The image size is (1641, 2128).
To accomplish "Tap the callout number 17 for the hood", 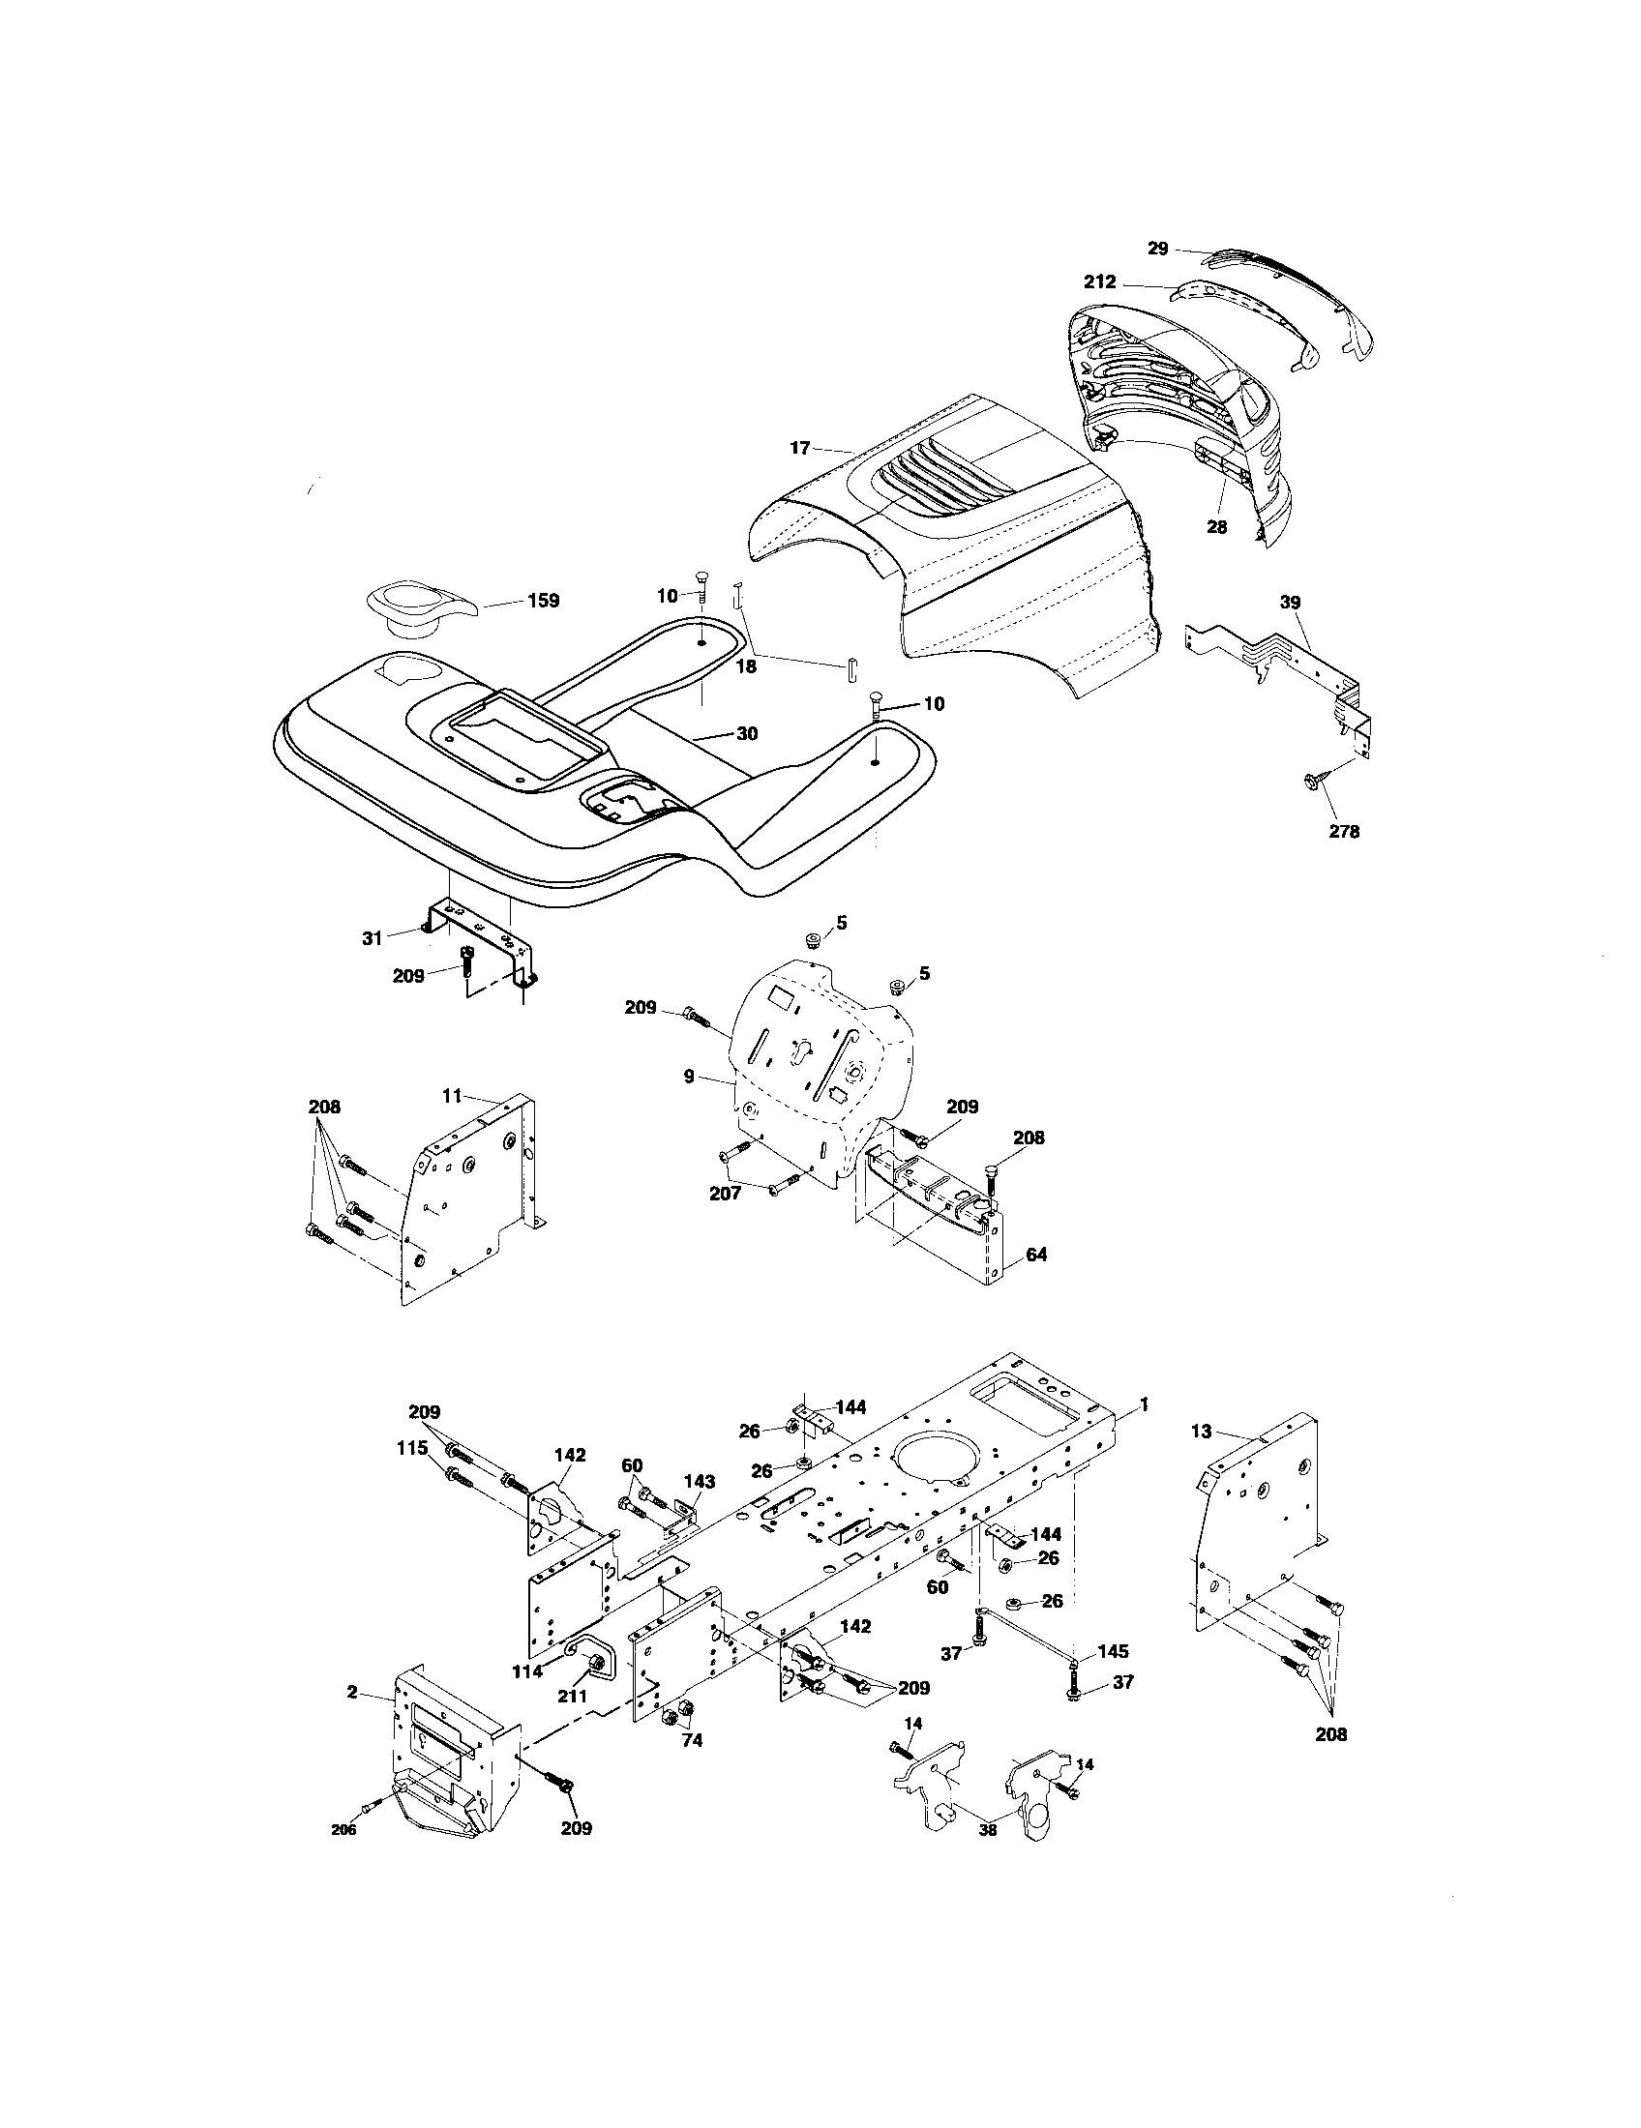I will pos(800,448).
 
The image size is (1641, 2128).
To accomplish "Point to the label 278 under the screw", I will pos(1344,831).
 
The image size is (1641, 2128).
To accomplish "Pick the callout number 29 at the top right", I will pos(1156,249).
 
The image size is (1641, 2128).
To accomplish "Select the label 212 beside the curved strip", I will pos(1100,283).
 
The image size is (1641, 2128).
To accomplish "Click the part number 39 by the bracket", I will pos(1289,604).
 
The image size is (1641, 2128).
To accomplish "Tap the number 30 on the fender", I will pos(746,734).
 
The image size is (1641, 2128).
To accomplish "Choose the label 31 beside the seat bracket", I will pos(373,939).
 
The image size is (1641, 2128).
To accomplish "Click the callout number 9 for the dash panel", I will pos(689,1077).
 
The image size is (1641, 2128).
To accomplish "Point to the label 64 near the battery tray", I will pos(1037,1255).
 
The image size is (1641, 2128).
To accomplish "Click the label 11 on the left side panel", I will pos(451,1096).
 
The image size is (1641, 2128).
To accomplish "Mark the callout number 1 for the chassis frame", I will pos(1145,1405).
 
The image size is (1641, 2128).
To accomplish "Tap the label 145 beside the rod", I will pos(1113,1651).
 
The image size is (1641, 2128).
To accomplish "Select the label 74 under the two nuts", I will pos(691,1741).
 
